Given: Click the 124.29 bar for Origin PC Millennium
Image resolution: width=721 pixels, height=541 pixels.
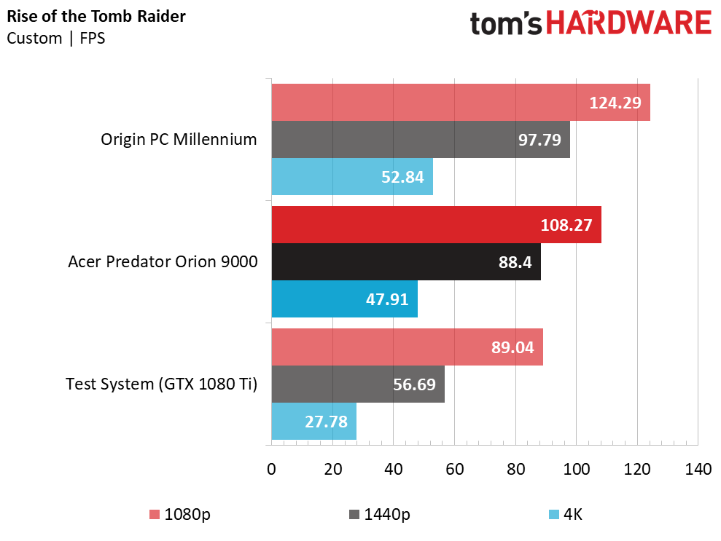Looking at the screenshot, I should click(x=461, y=103).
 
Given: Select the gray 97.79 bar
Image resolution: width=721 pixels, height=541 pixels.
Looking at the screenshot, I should click(x=421, y=139).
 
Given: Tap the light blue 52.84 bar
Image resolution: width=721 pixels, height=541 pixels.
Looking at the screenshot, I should click(x=352, y=176).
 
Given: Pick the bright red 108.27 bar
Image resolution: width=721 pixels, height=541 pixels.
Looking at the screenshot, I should click(x=436, y=225).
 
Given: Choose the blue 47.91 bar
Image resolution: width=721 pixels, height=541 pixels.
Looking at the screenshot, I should click(x=344, y=299).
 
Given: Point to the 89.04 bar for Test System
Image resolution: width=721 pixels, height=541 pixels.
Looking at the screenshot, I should click(x=407, y=347).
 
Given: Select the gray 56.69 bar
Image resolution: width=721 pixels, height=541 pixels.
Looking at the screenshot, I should click(x=358, y=384).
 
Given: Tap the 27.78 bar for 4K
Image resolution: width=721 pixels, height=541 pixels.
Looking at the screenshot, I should click(x=313, y=421).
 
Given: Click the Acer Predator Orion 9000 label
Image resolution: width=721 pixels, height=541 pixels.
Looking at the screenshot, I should click(x=163, y=261).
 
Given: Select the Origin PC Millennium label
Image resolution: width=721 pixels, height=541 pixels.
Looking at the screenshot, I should click(x=179, y=139).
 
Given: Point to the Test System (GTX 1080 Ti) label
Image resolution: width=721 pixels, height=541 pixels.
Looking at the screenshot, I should click(x=161, y=384).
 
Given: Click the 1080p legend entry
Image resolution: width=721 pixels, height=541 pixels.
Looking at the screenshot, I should click(x=180, y=515).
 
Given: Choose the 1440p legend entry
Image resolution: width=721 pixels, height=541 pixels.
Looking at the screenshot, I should click(x=379, y=515).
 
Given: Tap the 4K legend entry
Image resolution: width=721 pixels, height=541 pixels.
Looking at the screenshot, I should click(x=566, y=515).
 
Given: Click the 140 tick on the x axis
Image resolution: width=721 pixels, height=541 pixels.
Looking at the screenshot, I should click(x=698, y=470).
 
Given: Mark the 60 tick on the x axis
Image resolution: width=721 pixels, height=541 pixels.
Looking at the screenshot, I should click(x=454, y=470).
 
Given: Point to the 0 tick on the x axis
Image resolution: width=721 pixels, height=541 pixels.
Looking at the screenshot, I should click(x=272, y=470).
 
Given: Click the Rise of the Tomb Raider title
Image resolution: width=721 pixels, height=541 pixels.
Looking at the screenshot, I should click(x=96, y=17).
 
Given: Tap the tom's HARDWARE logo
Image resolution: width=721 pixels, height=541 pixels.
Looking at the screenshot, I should click(x=591, y=24).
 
